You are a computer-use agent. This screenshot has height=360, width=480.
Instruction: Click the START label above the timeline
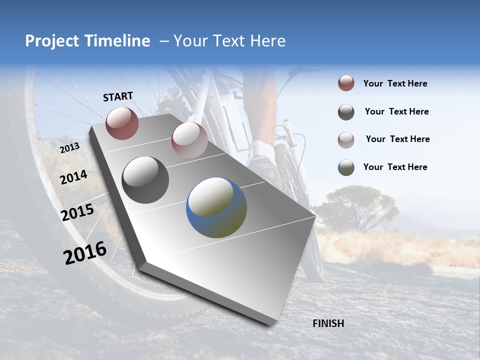(118, 96)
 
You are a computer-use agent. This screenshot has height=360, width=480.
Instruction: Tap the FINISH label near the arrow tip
(328, 323)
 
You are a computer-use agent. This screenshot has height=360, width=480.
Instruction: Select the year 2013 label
(69, 148)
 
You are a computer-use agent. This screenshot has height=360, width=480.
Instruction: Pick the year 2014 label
(74, 177)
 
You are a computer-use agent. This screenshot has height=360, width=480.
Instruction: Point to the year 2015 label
(77, 212)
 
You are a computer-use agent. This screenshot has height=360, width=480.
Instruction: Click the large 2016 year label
(85, 253)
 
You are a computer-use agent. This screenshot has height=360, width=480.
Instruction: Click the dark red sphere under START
(122, 123)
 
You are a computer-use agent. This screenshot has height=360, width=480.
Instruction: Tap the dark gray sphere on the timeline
(145, 179)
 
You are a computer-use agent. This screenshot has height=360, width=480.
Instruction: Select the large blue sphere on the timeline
(216, 207)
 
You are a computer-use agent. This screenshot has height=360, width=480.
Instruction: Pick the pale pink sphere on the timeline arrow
(189, 140)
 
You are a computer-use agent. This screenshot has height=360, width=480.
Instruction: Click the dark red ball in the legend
(346, 83)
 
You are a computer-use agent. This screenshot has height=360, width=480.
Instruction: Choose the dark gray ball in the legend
(346, 112)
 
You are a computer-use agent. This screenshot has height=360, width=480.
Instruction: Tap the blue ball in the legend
(346, 167)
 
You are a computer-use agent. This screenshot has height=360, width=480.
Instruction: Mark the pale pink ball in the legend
(346, 139)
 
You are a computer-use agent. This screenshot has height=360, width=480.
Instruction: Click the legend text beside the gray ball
(396, 111)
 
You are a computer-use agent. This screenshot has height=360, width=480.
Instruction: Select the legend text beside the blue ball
(395, 167)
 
